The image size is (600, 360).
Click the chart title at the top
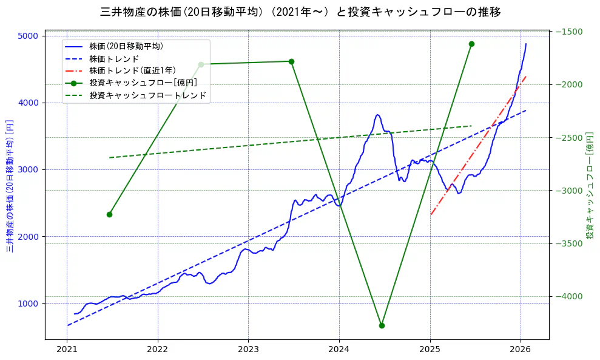coord(300,12)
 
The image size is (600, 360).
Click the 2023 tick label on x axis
coord(248,350)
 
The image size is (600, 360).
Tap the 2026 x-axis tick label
coord(521,350)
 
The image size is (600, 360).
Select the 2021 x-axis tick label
coord(67,350)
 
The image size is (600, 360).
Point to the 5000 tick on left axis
coord(29,36)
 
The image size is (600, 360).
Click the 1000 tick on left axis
coord(29,304)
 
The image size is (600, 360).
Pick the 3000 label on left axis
coord(29,169)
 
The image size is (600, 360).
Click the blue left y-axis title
coord(10,186)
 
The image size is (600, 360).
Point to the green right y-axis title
coord(589,186)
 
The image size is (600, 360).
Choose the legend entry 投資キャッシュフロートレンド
coord(147,95)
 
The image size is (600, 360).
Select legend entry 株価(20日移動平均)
coord(126,46)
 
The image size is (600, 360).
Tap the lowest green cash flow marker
coord(382,325)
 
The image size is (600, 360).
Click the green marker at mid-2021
coord(109,214)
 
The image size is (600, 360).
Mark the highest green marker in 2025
coord(471,44)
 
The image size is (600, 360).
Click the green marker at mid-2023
coord(291,61)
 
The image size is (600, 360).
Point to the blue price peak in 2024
coord(377,115)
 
